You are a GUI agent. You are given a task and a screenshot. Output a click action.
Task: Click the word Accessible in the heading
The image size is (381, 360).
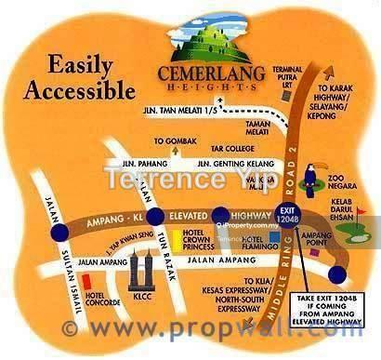click(x=79, y=90)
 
